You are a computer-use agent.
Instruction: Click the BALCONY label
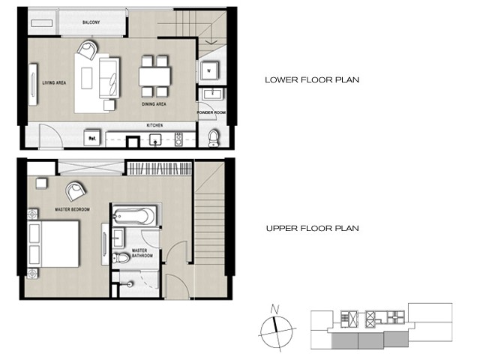click(x=91, y=22)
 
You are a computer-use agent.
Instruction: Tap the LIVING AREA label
click(x=54, y=82)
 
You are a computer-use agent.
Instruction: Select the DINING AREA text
click(x=154, y=104)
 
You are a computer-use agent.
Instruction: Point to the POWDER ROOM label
click(x=211, y=112)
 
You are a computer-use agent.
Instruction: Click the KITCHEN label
click(x=155, y=125)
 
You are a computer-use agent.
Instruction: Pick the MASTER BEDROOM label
click(x=72, y=209)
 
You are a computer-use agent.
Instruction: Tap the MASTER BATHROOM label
click(x=142, y=253)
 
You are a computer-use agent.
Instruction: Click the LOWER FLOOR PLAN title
click(x=312, y=80)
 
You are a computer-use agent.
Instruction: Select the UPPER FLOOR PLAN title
click(x=312, y=228)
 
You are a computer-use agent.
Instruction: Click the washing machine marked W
click(x=209, y=71)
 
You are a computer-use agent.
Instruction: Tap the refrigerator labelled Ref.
click(x=91, y=138)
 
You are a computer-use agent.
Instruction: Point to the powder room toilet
click(x=213, y=138)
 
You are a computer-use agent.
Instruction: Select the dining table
click(x=154, y=76)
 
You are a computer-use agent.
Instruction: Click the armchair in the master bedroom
click(x=76, y=191)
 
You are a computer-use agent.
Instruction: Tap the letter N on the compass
click(x=274, y=310)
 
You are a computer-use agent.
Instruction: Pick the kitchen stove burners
click(x=178, y=139)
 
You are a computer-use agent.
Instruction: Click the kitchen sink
click(x=156, y=139)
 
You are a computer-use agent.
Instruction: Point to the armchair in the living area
click(x=88, y=50)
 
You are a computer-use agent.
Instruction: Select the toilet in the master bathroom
click(x=121, y=258)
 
